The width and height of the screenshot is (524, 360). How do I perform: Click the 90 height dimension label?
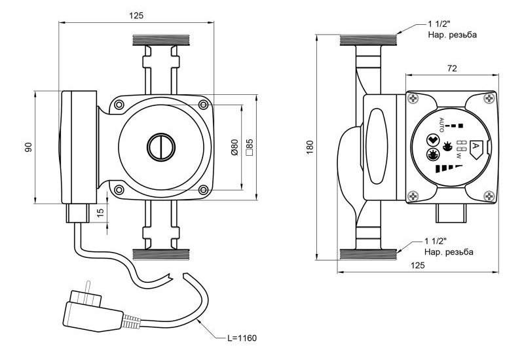click(29, 147)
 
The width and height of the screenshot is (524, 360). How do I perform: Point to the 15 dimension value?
click(100, 213)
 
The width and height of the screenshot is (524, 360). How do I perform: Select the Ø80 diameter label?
click(234, 147)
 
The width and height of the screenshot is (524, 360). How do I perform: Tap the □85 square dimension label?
click(250, 147)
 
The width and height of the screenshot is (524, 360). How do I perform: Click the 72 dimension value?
click(451, 67)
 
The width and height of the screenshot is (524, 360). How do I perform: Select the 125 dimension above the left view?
click(136, 14)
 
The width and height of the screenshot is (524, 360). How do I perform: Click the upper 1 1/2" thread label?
click(441, 24)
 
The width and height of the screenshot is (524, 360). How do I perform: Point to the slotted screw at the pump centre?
click(159, 147)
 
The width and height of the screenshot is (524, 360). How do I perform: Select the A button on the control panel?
click(477, 149)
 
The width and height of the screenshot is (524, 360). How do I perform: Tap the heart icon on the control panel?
click(431, 140)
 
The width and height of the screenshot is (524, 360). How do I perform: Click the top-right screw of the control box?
click(489, 99)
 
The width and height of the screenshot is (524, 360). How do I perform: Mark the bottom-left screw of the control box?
click(413, 195)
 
